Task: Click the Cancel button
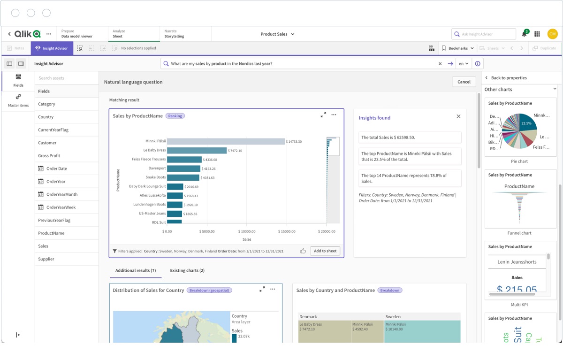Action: (464, 82)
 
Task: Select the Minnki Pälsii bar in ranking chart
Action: (226, 141)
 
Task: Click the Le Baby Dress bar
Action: (197, 150)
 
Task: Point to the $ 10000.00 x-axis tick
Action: (247, 231)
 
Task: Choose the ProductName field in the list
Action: (51, 233)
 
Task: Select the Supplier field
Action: (46, 259)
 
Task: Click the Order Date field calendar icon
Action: (41, 169)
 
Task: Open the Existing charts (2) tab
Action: (187, 270)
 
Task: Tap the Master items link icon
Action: (18, 97)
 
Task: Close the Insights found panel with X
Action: (458, 116)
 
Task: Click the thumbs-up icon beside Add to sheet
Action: (303, 251)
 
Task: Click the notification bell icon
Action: (524, 34)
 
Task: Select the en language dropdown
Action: (464, 64)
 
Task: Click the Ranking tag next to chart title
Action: (175, 116)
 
